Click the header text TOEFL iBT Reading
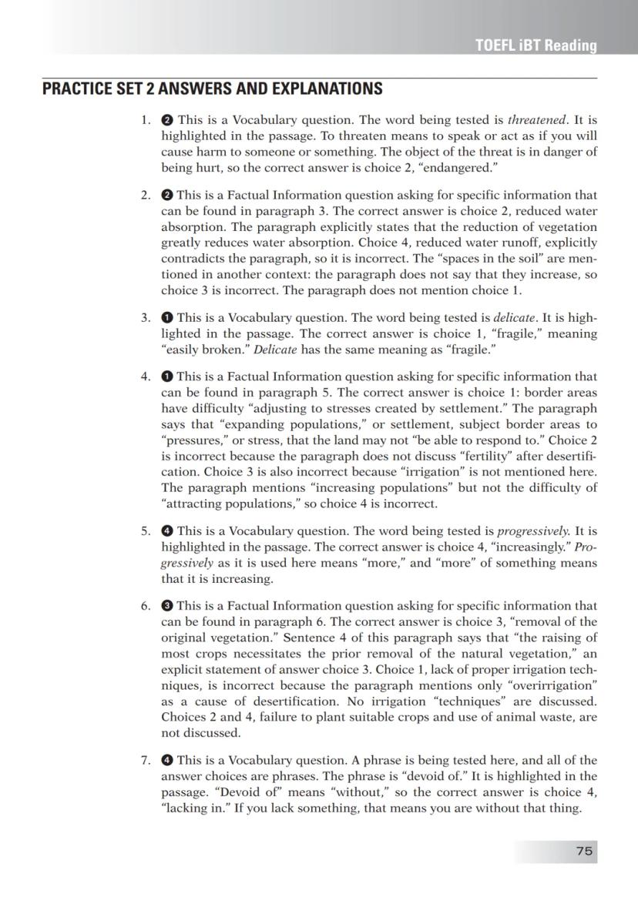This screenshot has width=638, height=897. (536, 45)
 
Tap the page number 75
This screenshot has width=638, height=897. (583, 851)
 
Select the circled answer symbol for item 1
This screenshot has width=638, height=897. (166, 121)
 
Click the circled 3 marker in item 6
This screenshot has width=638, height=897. (166, 606)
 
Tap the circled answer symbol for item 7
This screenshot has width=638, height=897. (166, 761)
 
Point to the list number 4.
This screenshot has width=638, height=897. (145, 377)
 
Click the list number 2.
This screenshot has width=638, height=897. (145, 196)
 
